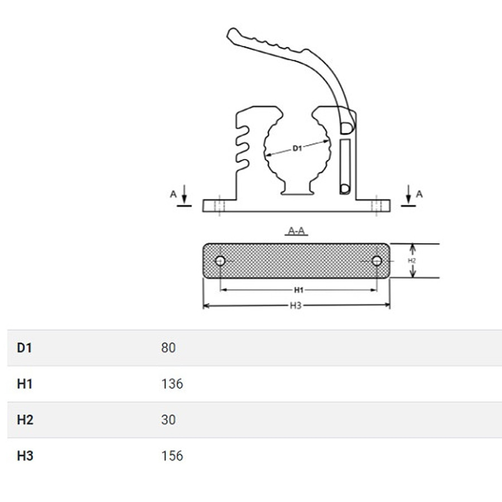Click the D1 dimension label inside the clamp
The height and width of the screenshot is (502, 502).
point(297,148)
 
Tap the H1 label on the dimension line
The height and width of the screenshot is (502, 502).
point(298,290)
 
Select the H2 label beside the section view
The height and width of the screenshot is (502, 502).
point(412,260)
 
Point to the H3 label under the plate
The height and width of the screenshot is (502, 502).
point(296,306)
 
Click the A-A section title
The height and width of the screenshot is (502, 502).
point(297,230)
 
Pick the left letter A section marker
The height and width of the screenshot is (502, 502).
point(173,194)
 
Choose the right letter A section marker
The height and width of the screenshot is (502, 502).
point(419,194)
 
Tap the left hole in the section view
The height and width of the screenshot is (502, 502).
point(220,261)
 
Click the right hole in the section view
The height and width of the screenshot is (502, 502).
point(377,261)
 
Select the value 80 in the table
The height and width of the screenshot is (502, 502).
point(168,347)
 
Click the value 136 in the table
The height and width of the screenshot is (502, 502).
point(172,384)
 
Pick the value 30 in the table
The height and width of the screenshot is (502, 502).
point(168,419)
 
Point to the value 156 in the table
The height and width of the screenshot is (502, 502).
point(172,456)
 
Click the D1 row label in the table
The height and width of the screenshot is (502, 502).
point(25,347)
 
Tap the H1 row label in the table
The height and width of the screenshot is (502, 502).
point(25,384)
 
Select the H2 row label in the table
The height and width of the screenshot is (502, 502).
point(25,419)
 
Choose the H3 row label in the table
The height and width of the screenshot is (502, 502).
point(25,456)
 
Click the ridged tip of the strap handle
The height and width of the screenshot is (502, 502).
point(233,34)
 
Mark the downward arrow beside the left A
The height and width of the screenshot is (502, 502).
point(184,194)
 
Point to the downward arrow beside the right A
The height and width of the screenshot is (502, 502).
point(408,194)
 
